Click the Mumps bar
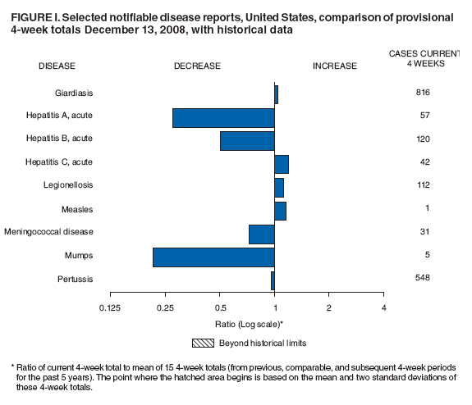click(x=213, y=257)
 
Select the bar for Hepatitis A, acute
click(x=223, y=117)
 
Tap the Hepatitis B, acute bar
click(x=247, y=140)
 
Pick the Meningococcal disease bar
click(x=261, y=234)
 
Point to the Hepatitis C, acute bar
click(x=281, y=164)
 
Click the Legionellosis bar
click(x=279, y=187)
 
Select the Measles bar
click(x=280, y=211)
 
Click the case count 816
click(x=423, y=92)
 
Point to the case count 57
click(x=424, y=116)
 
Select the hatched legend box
click(x=203, y=342)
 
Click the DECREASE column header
click(x=197, y=66)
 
